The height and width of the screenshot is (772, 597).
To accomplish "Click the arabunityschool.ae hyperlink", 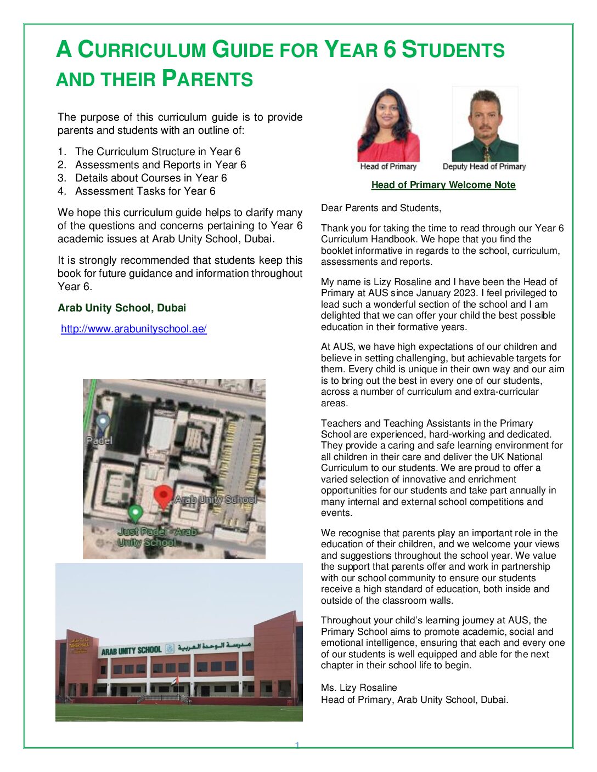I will point(133,329).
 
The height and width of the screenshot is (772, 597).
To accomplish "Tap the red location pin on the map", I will point(162,496).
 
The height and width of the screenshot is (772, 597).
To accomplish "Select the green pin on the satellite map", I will point(136,513).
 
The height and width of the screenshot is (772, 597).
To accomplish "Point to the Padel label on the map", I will point(99,440).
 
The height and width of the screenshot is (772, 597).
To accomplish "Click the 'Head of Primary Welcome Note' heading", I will point(443,185).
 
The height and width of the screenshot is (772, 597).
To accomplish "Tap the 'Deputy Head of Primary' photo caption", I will point(484,167).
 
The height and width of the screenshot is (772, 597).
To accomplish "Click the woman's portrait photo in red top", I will point(388,125).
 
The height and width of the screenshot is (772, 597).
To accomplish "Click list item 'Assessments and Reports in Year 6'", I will point(160,164).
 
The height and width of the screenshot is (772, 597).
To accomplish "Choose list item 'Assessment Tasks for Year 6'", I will point(145,191).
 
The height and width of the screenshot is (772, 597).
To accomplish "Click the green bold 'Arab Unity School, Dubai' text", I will point(122,308).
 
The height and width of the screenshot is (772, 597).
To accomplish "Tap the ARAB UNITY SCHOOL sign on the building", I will point(131,651).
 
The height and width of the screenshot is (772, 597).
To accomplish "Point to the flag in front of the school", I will point(175,682).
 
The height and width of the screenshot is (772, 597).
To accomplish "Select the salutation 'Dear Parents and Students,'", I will point(381,208).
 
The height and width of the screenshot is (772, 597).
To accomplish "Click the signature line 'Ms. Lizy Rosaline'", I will point(359,688).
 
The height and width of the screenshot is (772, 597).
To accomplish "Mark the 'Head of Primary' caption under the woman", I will point(388,167).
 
